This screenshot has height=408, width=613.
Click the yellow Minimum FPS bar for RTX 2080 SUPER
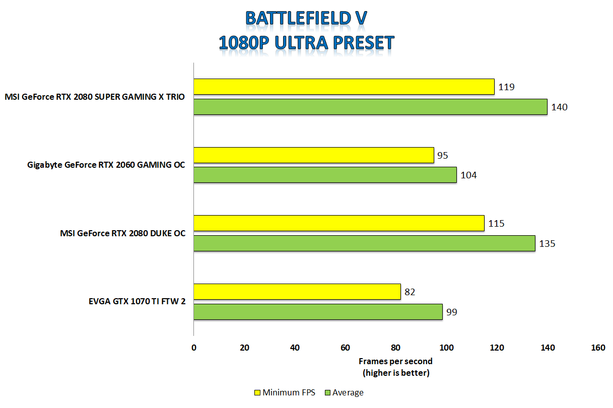(x=344, y=87)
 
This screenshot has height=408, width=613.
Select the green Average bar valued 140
(x=370, y=107)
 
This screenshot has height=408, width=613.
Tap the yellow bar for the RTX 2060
(x=314, y=155)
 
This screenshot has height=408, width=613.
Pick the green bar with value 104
(x=325, y=175)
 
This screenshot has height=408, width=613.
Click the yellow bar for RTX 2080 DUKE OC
(x=339, y=223)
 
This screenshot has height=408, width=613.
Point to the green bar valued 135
(x=364, y=243)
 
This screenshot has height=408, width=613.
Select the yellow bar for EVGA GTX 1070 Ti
(x=297, y=292)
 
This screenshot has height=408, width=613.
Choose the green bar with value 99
(x=318, y=312)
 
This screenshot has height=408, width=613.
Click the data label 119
(x=506, y=87)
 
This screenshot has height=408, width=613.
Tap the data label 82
(x=411, y=292)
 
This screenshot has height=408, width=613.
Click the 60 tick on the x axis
(x=346, y=348)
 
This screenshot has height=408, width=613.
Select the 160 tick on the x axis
(x=598, y=348)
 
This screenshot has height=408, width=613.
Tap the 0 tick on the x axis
(x=194, y=348)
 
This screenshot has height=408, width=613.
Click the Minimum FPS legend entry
(x=285, y=392)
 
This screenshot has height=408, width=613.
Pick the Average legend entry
(x=344, y=392)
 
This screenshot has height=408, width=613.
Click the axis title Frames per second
(x=395, y=361)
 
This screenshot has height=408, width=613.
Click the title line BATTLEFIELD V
(x=306, y=18)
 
